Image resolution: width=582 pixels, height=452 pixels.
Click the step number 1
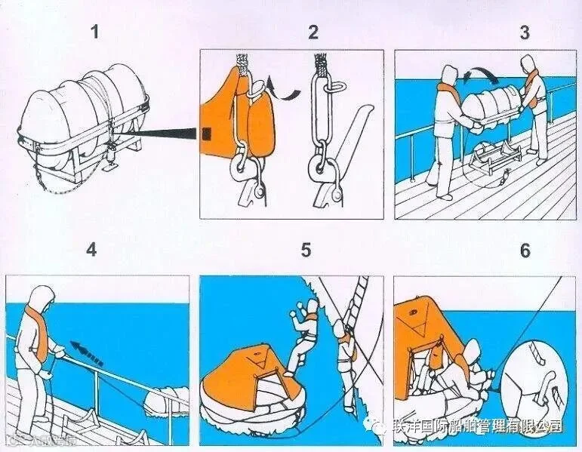pos(94,32)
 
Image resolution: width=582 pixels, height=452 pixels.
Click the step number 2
pos(313,32)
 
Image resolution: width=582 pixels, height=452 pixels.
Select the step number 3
pos(525,32)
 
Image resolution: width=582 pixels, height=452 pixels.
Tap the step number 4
pos(92,250)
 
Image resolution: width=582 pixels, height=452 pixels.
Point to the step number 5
pos(306,250)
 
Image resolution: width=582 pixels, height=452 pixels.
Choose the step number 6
pos(525,250)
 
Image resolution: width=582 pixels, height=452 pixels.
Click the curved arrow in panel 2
pos(285,90)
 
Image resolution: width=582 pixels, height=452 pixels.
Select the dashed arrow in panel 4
pos(88,353)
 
